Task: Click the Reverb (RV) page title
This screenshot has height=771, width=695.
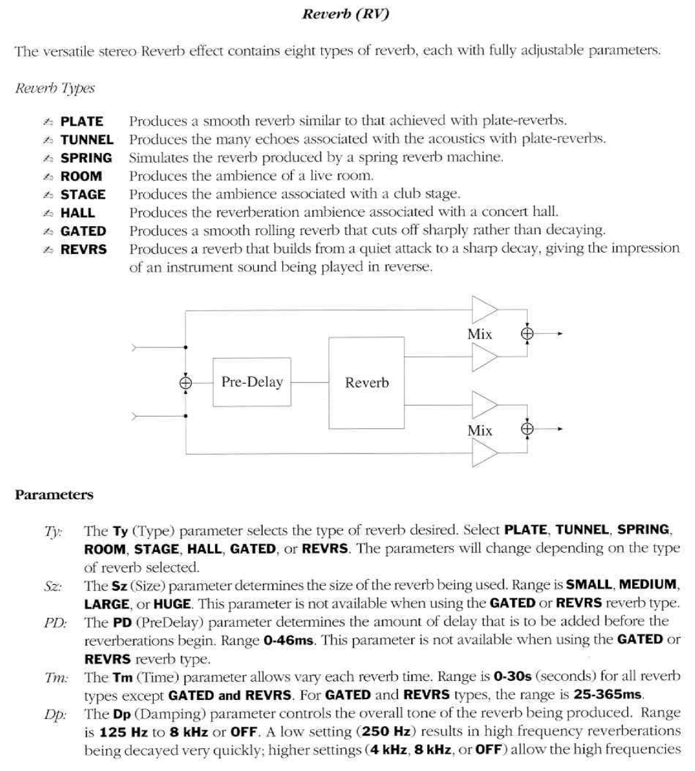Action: [345, 15]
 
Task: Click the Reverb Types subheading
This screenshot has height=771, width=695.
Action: [55, 88]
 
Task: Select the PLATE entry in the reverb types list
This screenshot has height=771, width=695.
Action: [81, 121]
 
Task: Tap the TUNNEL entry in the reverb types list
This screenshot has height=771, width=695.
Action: [86, 140]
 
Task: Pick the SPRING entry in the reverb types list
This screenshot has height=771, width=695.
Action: [86, 158]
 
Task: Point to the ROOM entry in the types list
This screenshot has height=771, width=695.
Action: [81, 177]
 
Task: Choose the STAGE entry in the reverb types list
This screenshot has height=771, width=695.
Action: [83, 195]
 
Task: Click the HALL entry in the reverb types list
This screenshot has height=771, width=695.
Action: [77, 213]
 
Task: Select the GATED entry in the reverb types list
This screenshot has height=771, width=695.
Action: [83, 232]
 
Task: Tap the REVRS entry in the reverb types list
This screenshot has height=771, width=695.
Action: [83, 250]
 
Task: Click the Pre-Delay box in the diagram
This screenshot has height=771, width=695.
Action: [252, 382]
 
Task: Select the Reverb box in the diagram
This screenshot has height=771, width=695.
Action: [366, 382]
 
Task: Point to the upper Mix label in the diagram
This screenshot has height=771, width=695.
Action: [479, 334]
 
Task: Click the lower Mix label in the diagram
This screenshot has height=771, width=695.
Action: [479, 431]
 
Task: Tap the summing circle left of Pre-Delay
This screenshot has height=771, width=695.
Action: [185, 383]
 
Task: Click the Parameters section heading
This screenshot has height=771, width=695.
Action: [54, 495]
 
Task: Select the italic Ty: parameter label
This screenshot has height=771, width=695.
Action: [53, 532]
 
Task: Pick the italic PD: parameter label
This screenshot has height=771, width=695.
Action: [55, 623]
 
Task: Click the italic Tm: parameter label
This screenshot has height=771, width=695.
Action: [56, 678]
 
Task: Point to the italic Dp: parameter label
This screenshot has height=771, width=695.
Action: [55, 714]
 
